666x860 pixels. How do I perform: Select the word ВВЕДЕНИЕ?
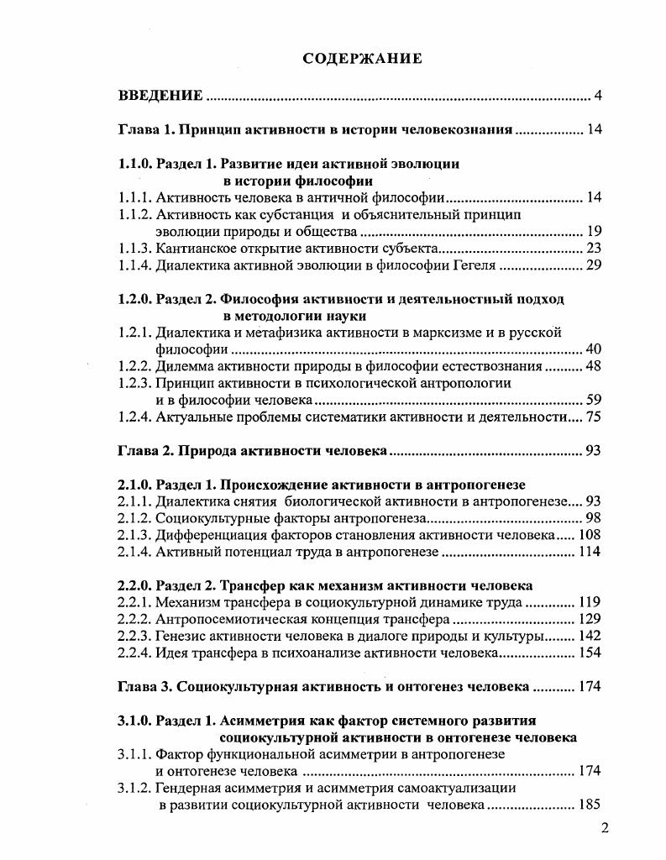coord(160,96)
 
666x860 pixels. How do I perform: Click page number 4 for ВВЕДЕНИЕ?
coord(598,96)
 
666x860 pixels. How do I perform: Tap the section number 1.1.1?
coord(134,198)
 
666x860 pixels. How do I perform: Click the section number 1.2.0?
coord(135,299)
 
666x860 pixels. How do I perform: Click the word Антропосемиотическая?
coord(232,618)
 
